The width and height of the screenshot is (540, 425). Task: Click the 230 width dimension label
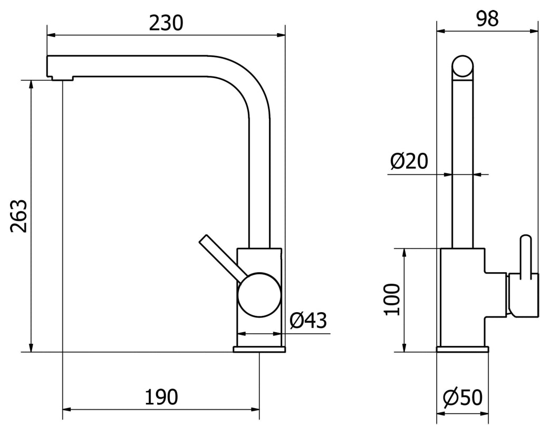click(x=166, y=23)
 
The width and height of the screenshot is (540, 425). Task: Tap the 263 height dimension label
click(x=18, y=216)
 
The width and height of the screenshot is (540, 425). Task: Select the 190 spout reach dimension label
click(x=161, y=397)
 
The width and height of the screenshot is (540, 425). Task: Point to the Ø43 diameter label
click(x=308, y=321)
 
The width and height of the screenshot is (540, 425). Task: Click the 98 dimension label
click(x=487, y=18)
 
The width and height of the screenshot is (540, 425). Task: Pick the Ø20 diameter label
click(x=409, y=161)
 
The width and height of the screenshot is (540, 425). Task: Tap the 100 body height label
click(x=392, y=300)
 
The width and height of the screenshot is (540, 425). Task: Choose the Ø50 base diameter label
click(x=462, y=398)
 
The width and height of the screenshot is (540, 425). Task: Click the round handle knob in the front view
click(x=259, y=295)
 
